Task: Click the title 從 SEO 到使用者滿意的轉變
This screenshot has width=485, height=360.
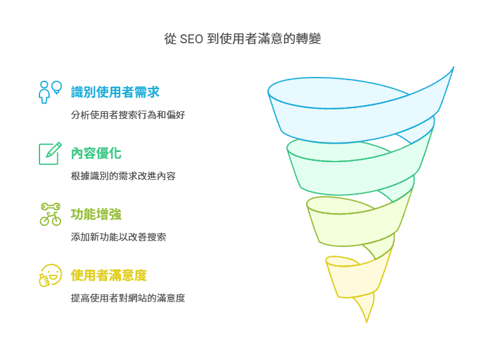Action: pos(243,39)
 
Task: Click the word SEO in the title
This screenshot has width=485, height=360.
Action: pos(192,39)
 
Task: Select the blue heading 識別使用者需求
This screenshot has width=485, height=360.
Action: pos(115,92)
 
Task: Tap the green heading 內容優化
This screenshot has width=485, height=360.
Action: pos(96,153)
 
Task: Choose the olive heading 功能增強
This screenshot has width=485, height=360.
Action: pos(96,214)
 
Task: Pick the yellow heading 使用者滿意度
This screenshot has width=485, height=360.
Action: pos(109,275)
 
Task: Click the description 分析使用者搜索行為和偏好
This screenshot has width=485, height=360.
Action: pos(128,115)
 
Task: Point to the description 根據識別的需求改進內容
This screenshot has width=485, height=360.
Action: pos(123,176)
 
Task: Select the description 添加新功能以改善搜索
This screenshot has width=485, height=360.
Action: pos(118,237)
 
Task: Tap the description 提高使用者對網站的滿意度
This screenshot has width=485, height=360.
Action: pos(128,298)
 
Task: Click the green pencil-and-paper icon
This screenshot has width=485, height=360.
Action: pos(50,153)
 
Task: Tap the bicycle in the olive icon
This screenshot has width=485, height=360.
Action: pos(50,219)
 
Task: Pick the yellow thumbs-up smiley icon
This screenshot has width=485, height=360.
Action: pos(50,275)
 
